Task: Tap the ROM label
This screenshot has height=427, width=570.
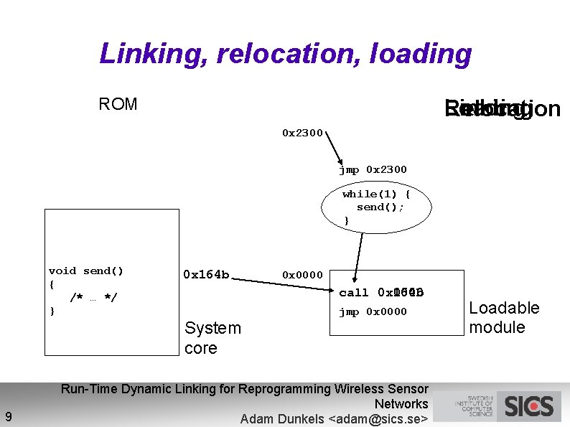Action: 118,105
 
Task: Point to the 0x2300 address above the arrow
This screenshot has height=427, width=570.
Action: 302,133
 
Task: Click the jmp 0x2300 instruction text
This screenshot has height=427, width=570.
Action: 373,170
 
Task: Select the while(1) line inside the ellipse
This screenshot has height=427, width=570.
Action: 376,194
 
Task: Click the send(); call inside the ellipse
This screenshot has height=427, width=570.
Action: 380,207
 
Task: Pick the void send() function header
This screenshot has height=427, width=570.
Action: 86,271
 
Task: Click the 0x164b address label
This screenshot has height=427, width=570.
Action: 206,274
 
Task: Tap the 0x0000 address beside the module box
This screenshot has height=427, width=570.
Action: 302,275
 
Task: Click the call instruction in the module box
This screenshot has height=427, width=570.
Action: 381,293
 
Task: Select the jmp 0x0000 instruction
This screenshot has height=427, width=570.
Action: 373,312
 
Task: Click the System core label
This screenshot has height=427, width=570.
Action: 212,338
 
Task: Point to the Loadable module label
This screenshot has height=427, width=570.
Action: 504,318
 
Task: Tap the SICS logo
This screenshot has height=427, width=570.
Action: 528,407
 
